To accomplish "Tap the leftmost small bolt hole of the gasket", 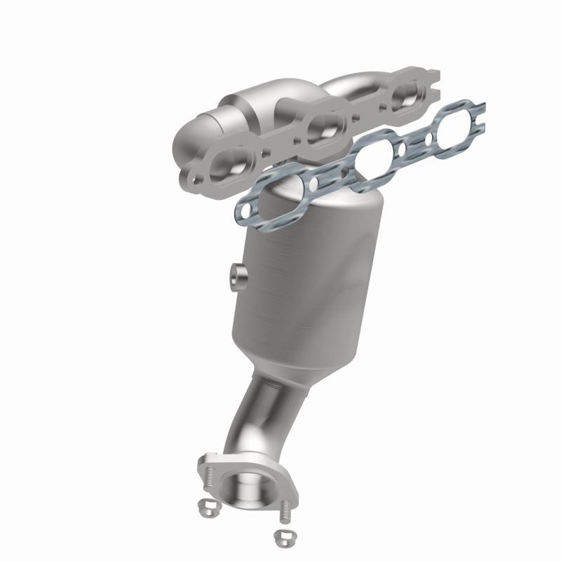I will [x=245, y=209].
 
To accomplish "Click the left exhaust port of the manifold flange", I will [x=228, y=162].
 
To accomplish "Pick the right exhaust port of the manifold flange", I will [x=405, y=95].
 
